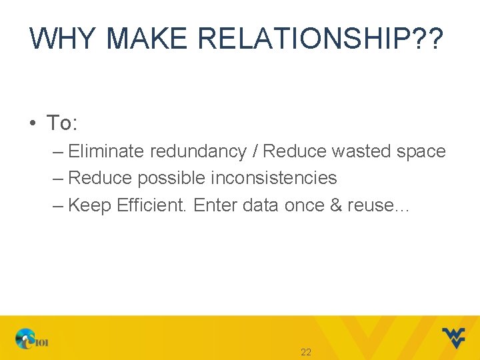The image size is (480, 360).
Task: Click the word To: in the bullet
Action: click(x=62, y=123)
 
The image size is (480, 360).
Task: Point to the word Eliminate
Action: click(x=107, y=151)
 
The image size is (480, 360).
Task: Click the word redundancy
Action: click(x=198, y=152)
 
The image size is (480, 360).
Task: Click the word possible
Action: click(x=172, y=179)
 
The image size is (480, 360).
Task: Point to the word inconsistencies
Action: click(x=273, y=178)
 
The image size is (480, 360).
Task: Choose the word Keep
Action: click(x=90, y=205)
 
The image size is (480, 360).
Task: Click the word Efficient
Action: click(x=152, y=205)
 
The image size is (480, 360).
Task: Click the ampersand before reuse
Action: click(x=336, y=205)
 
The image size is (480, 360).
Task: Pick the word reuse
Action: click(x=369, y=206)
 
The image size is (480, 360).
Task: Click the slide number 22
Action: click(x=306, y=352)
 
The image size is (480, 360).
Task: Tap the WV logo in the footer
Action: click(x=453, y=337)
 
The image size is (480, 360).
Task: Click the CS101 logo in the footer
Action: click(x=32, y=339)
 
